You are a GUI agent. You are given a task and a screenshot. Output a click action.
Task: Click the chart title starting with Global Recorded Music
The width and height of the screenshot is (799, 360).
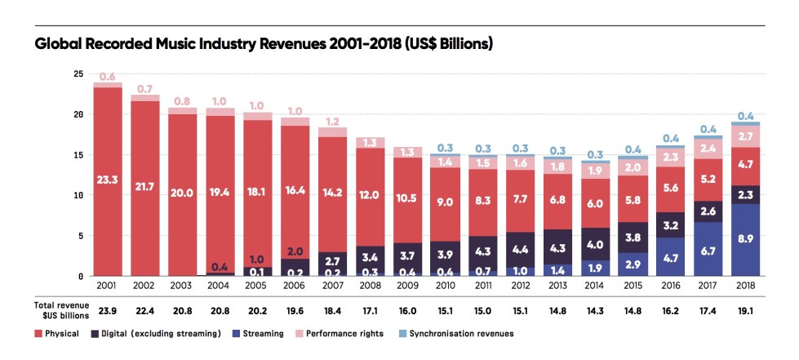264,42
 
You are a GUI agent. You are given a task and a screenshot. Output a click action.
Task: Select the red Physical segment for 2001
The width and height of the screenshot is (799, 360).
108,180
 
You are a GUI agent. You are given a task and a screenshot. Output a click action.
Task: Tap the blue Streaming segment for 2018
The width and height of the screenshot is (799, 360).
745,240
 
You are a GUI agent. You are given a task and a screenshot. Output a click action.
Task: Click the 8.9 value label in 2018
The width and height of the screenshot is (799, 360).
745,241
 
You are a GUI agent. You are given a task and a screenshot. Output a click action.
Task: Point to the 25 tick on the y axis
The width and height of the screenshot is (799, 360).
78,74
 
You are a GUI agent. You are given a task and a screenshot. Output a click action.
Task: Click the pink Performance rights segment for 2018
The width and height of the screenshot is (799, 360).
745,136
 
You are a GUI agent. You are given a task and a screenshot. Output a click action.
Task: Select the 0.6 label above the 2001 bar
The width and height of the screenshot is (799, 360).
108,77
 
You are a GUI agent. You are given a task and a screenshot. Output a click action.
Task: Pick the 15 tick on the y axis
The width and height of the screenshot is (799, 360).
78,155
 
